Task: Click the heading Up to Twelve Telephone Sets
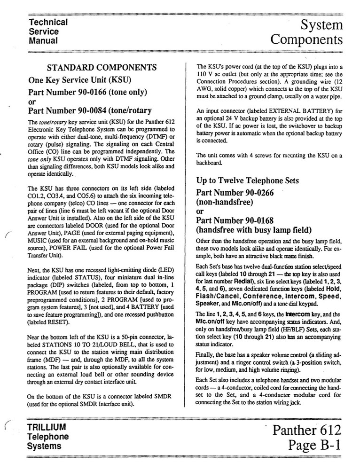(248, 181)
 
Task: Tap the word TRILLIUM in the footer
(47, 428)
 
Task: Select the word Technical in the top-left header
(48, 22)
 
